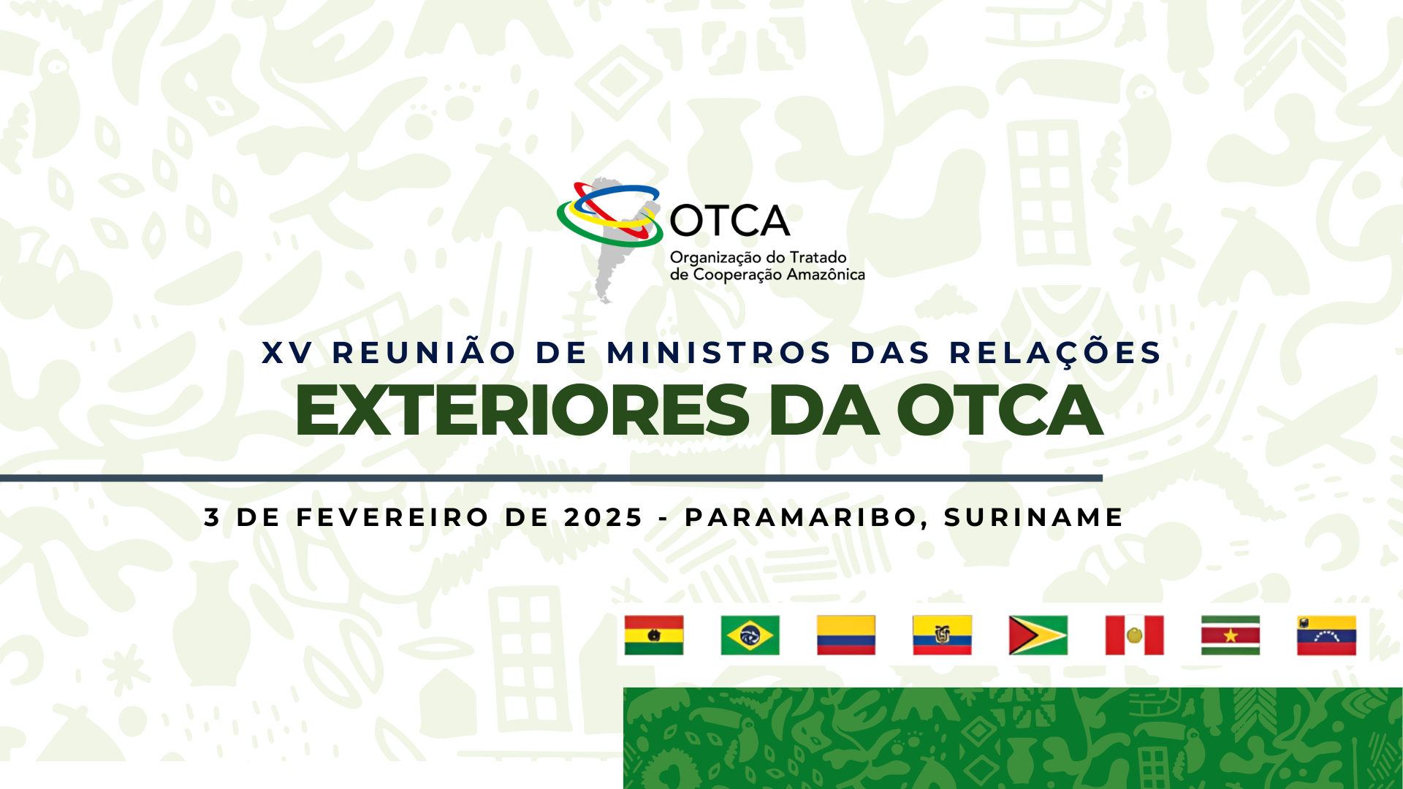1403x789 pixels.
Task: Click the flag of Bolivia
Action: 654,635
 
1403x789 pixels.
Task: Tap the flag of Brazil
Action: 750,635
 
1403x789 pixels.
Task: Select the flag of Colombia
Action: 846,635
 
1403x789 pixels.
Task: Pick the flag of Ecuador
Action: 942,635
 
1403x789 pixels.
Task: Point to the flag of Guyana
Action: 1038,635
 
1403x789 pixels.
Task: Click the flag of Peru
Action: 1134,635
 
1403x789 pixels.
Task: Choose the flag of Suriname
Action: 1231,635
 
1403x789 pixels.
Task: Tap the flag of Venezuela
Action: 1326,635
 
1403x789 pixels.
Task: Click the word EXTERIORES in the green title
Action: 522,411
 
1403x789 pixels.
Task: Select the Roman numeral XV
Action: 288,353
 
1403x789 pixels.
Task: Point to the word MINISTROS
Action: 719,353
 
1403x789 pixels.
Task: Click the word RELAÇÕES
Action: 1055,351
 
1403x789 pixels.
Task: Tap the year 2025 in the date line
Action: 603,517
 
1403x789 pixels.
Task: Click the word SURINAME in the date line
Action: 1033,517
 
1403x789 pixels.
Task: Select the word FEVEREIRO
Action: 392,517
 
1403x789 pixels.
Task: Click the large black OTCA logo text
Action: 729,221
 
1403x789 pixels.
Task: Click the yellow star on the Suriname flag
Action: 1231,636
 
